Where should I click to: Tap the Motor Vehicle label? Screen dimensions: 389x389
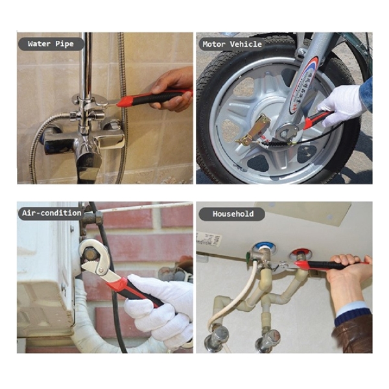point(232,44)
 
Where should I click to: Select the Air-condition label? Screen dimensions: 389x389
point(51,213)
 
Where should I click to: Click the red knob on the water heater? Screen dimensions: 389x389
point(299,254)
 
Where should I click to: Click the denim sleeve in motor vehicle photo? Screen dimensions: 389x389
point(366,91)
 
